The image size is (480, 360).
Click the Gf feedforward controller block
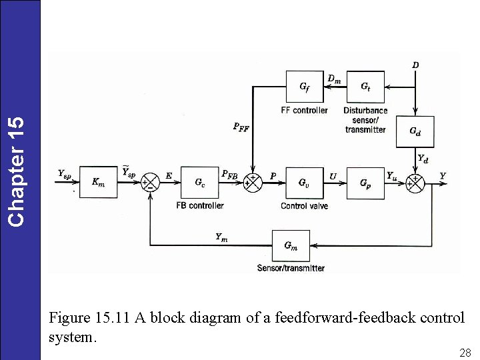coord(304,87)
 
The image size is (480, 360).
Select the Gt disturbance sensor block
coord(365,87)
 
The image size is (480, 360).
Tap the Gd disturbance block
coord(415,131)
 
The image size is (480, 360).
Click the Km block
coord(98,182)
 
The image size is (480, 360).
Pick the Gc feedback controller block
coord(199,182)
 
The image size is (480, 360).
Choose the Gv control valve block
coord(303,182)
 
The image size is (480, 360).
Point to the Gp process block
coord(365,182)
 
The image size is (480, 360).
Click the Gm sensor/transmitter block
coord(291,245)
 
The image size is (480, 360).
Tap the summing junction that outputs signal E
coord(151,182)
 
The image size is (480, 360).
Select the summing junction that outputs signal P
coord(253,182)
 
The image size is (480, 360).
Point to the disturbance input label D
coord(415,65)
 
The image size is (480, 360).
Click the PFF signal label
coord(241,127)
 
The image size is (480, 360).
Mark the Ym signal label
coord(221,237)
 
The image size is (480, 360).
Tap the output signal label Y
coord(443,175)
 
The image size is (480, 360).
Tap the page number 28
coord(465,351)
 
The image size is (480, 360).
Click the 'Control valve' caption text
coord(304,206)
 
